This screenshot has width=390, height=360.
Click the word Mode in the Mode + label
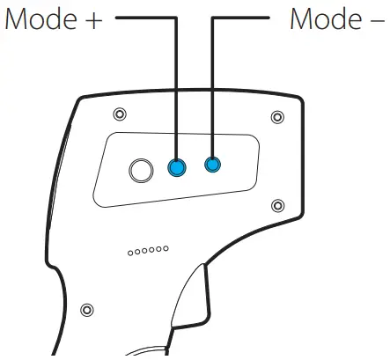[41, 18]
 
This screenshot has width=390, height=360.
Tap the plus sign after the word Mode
[93, 20]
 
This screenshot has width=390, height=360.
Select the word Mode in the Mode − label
[326, 18]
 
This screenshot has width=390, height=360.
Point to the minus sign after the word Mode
[377, 20]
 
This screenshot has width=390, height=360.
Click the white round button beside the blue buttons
[141, 171]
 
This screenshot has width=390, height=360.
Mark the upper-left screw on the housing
[120, 114]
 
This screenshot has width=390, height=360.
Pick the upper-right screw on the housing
[277, 117]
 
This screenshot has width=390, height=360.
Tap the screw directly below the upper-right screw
[277, 205]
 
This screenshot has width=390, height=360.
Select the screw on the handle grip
[87, 310]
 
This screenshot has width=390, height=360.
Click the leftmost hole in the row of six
[130, 253]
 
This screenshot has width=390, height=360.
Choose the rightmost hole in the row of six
[166, 248]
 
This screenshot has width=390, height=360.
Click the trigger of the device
[191, 296]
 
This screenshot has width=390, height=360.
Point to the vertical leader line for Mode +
[176, 89]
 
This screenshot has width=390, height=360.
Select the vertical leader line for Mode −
[212, 88]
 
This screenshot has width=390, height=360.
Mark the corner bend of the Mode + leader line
[176, 18]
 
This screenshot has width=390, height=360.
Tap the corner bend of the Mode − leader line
[212, 18]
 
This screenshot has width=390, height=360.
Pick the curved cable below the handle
[147, 351]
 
